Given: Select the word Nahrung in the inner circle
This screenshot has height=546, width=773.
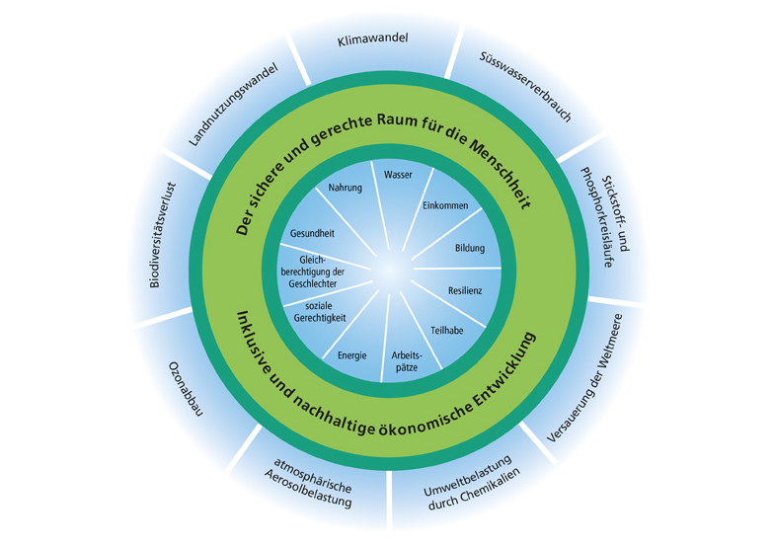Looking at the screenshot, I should (x=345, y=188).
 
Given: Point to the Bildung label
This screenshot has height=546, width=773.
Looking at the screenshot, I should (x=469, y=248).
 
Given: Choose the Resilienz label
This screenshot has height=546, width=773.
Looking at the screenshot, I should (x=465, y=292).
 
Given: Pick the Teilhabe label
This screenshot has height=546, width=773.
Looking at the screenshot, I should (x=446, y=330).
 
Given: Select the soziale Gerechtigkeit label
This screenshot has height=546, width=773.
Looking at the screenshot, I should (x=314, y=316).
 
